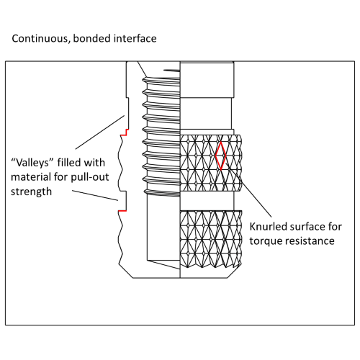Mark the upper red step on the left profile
pyautogui.click(x=122, y=133)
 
